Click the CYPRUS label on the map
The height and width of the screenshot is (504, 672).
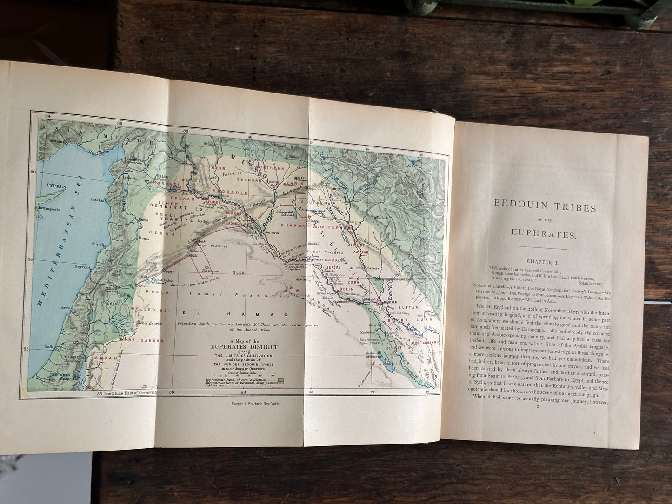coord(57,185)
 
